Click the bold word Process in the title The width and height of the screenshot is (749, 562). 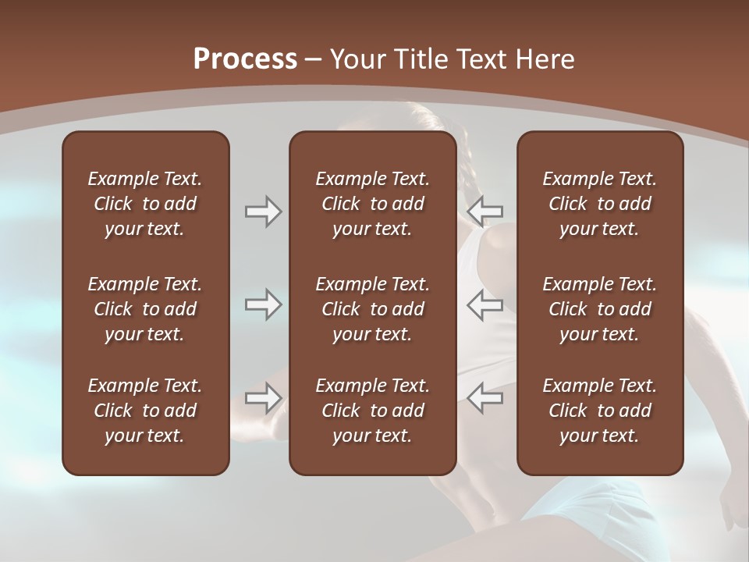pyautogui.click(x=245, y=59)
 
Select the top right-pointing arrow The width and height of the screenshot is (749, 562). pyautogui.click(x=263, y=212)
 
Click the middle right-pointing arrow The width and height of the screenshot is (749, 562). pyautogui.click(x=263, y=305)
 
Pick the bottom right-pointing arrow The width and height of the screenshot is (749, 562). pyautogui.click(x=263, y=398)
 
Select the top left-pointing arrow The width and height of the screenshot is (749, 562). pyautogui.click(x=485, y=212)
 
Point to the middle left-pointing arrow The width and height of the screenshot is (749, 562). pyautogui.click(x=485, y=305)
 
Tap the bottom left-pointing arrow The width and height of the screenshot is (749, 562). pyautogui.click(x=485, y=398)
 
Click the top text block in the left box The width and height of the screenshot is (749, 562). pyautogui.click(x=145, y=204)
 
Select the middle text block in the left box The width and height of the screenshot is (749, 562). pyautogui.click(x=145, y=309)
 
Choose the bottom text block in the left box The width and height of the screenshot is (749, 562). pyautogui.click(x=145, y=411)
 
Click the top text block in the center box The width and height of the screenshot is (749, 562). pyautogui.click(x=373, y=204)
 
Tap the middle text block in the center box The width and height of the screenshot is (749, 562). pyautogui.click(x=373, y=309)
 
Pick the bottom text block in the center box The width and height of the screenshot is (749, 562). pyautogui.click(x=373, y=411)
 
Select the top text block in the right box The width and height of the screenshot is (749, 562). pyautogui.click(x=600, y=204)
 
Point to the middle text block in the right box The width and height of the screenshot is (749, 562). pyautogui.click(x=600, y=309)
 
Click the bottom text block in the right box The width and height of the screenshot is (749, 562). pyautogui.click(x=600, y=411)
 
